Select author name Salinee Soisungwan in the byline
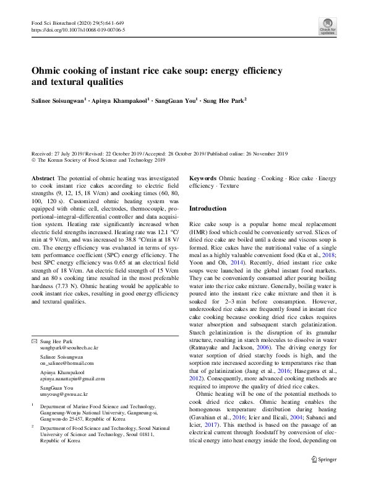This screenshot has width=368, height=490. [57, 99]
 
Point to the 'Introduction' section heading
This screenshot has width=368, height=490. [207, 209]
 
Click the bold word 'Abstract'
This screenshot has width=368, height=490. [43, 178]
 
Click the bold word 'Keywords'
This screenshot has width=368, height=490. [202, 178]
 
